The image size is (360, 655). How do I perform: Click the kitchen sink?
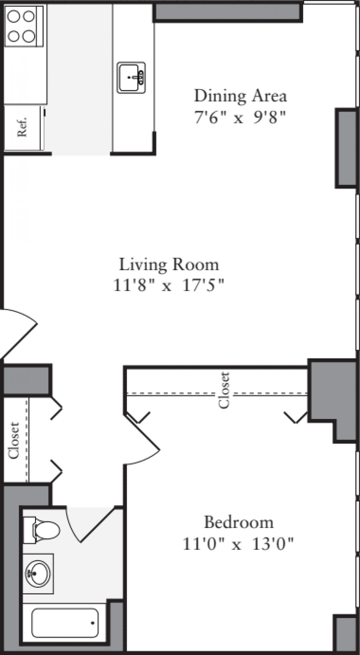pyautogui.click(x=131, y=78)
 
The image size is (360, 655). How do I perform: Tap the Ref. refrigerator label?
pyautogui.click(x=22, y=127)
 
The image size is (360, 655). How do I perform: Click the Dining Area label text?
pyautogui.click(x=241, y=96)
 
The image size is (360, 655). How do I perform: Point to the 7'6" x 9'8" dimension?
pyautogui.click(x=239, y=117)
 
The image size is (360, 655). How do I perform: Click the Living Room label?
pyautogui.click(x=169, y=264)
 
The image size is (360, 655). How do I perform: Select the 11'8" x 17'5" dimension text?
pyautogui.click(x=169, y=285)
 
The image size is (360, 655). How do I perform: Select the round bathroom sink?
pyautogui.click(x=38, y=573)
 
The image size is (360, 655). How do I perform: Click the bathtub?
pyautogui.click(x=64, y=623)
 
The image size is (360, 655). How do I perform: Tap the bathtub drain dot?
pyautogui.click(x=93, y=623)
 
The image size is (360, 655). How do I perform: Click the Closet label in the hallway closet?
pyautogui.click(x=14, y=440)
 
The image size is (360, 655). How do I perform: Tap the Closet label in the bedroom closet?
pyautogui.click(x=224, y=390)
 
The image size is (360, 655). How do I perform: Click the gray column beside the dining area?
pyautogui.click(x=345, y=148)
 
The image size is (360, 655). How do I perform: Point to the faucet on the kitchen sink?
pyautogui.click(x=140, y=77)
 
